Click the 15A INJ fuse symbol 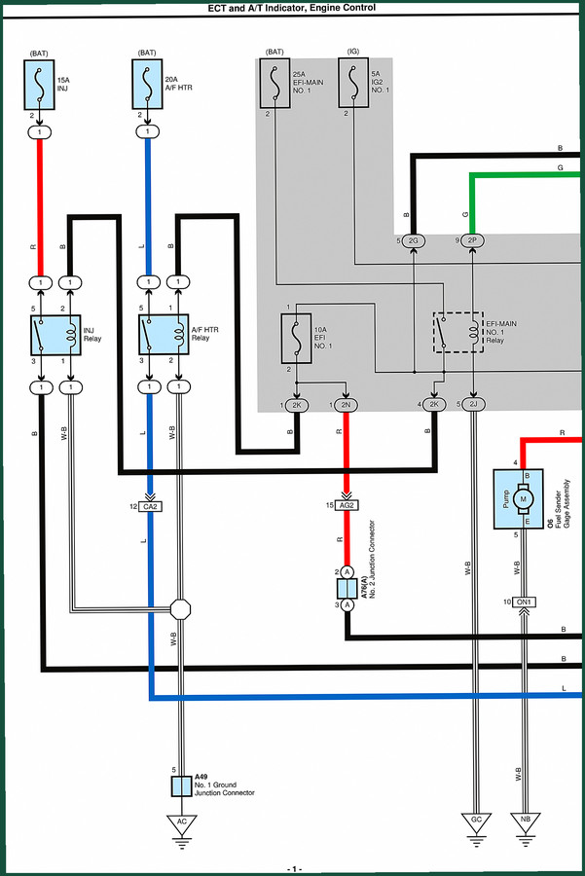pos(39,85)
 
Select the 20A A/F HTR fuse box pos(148,84)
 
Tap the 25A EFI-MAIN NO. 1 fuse pos(274,83)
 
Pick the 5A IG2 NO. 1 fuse pos(353,82)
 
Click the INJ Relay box pos(55,335)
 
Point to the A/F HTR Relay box pos(164,334)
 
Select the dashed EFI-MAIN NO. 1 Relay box pos(458,333)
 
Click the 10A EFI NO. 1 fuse pos(296,339)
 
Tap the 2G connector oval pos(414,240)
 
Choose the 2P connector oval pos(473,240)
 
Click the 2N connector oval pos(346,405)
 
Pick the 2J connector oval pos(473,405)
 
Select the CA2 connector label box pos(150,507)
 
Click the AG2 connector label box pos(347,505)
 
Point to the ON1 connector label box pos(524,602)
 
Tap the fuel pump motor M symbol pos(524,499)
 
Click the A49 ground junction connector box pos(182,786)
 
